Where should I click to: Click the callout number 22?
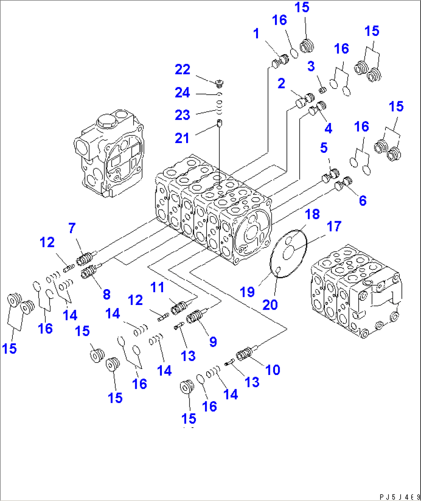pos(182,70)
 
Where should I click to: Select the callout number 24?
pos(182,92)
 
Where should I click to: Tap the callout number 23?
pos(182,115)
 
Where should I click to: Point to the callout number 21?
pos(182,138)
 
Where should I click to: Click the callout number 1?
pos(256,34)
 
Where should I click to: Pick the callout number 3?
pos(311,66)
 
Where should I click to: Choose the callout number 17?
pos(334,226)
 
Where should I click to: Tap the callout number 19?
pos(247,292)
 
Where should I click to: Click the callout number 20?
pos(270,305)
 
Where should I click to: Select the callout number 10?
pos(273,370)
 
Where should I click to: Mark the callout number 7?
pos(72,228)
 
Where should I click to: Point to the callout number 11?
pos(157,288)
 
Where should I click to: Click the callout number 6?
pos(363,200)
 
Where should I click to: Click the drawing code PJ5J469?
pos(399,497)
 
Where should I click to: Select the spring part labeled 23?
pos(219,107)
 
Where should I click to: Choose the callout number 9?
pos(213,342)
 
